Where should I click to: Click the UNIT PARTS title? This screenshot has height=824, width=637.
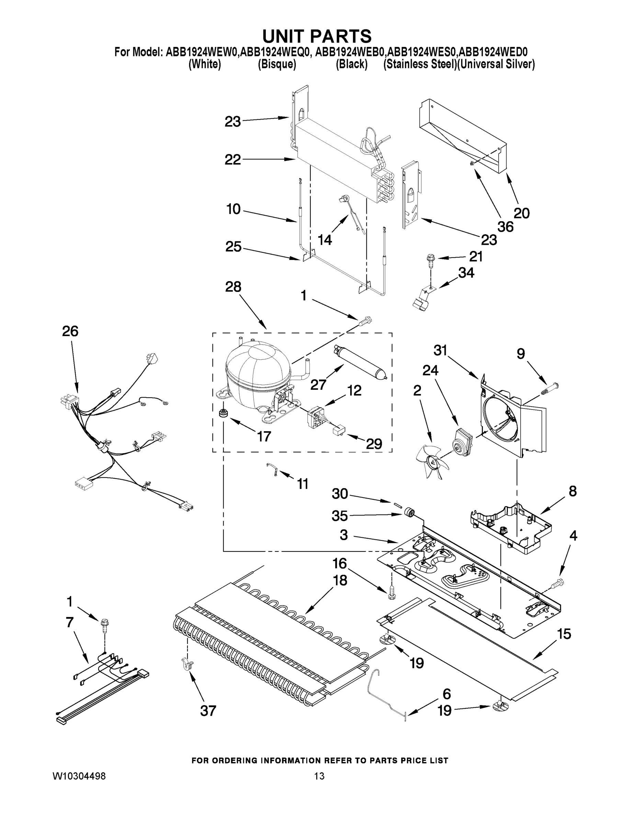click(317, 36)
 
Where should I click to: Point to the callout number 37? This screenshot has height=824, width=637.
click(208, 711)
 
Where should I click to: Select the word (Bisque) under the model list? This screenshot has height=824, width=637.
click(277, 65)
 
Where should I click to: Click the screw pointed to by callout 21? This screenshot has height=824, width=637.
click(430, 259)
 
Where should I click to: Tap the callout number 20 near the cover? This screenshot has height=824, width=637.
click(522, 213)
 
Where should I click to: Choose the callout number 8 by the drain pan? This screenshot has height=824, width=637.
click(572, 491)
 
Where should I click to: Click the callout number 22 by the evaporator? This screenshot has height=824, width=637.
click(232, 160)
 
